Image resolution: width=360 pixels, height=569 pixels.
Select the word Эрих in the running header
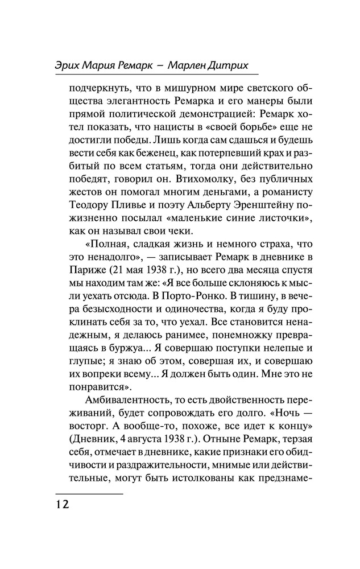pyautogui.click(x=69, y=65)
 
